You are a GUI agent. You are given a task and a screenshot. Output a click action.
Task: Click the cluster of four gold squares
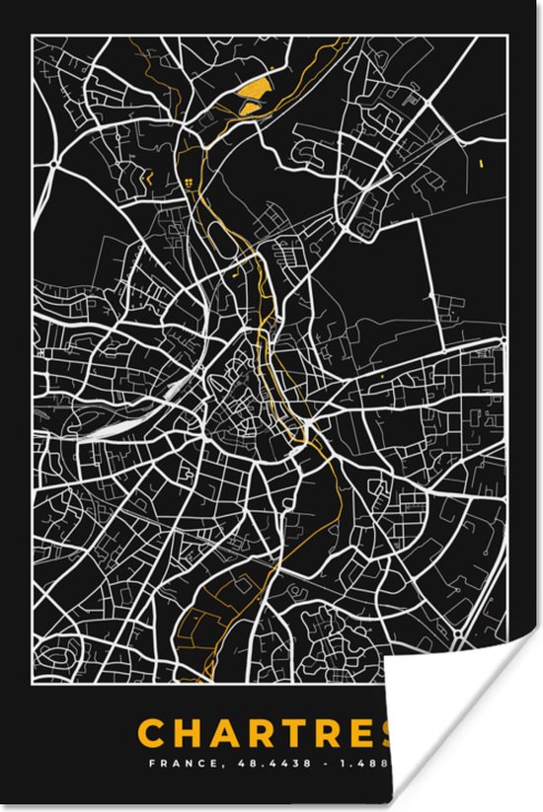tap(188, 183)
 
